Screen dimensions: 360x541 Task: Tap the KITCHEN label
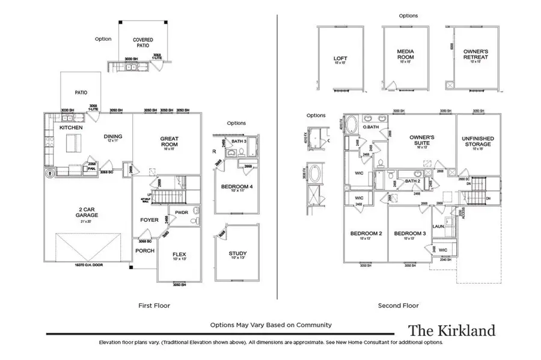pos(70,128)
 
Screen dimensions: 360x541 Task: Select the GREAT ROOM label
pos(170,141)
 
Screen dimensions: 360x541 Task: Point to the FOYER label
pos(149,220)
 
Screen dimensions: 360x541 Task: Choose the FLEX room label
pos(179,254)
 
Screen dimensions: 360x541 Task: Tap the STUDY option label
pos(237,254)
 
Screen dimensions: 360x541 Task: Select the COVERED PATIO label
pos(143,43)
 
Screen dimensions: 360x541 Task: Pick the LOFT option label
pos(340,59)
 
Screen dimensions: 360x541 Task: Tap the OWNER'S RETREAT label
pos(475,55)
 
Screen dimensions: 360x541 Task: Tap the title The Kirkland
pos(452,330)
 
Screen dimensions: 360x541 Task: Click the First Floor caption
pos(154,306)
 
